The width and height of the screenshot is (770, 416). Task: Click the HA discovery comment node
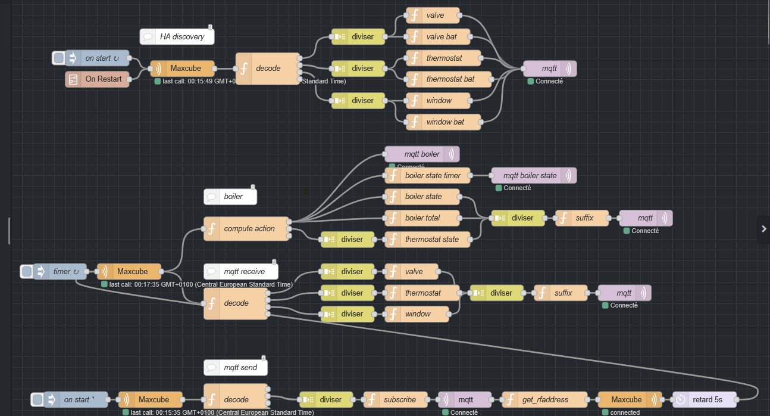[x=177, y=36]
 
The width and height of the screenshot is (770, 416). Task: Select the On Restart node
[x=98, y=79]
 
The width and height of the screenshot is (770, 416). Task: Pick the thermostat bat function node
[x=450, y=79]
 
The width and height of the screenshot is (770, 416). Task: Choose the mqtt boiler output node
[x=422, y=154]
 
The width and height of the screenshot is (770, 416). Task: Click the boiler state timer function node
[x=432, y=176]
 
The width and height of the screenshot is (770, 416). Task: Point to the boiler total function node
[x=422, y=218]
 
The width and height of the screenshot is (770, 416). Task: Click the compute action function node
[x=247, y=229]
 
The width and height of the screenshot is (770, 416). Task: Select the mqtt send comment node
[x=236, y=368]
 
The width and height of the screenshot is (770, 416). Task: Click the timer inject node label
[x=62, y=272]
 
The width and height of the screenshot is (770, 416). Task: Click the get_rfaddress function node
[x=544, y=399]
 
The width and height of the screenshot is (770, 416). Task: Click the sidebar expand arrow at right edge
[x=763, y=229]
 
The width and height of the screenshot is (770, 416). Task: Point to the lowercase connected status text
[x=625, y=412]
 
